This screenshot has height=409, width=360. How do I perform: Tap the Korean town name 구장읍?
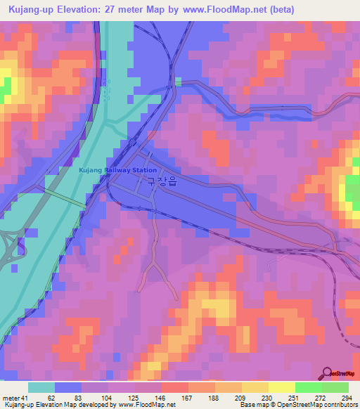[x=161, y=181]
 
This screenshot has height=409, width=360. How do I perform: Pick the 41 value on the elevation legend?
[x=24, y=397]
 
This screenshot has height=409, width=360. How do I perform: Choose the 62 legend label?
[x=51, y=397]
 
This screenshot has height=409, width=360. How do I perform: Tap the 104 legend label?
[x=106, y=397]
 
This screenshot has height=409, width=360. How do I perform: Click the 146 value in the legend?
[x=161, y=397]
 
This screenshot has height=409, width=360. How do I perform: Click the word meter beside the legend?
[x=10, y=397]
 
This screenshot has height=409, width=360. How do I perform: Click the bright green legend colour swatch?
[x=309, y=387]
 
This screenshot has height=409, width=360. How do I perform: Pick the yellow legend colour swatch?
[x=281, y=387]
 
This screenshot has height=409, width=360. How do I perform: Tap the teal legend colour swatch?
[x=41, y=387]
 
